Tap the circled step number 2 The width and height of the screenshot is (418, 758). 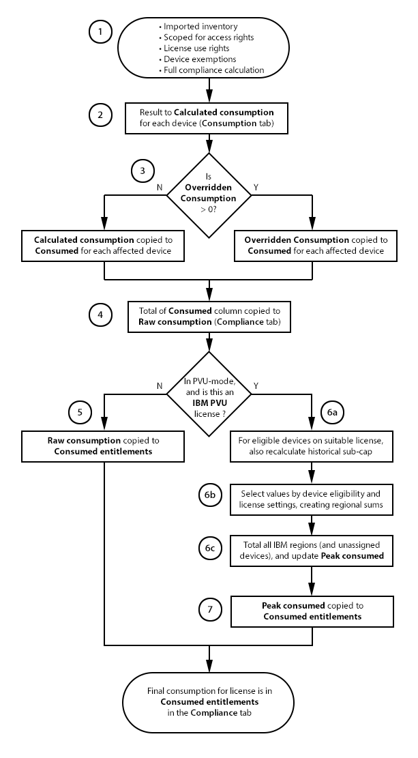[x=100, y=115]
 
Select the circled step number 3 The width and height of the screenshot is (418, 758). [x=143, y=171]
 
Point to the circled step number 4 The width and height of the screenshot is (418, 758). [x=100, y=316]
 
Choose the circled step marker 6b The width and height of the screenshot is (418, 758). [x=209, y=497]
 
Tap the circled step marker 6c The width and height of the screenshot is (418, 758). [x=209, y=550]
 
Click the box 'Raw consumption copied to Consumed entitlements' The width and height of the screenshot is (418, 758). [x=104, y=445]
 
